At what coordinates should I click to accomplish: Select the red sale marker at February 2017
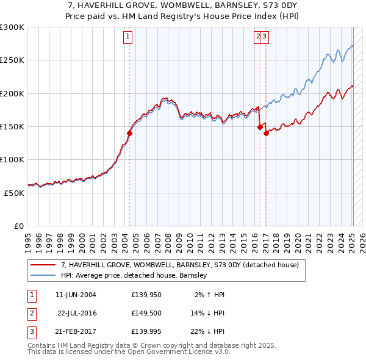[x=267, y=133]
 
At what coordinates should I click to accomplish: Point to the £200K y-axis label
[x=12, y=93]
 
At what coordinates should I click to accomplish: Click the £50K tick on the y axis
[x=14, y=193]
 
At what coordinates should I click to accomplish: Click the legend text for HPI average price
[x=134, y=276]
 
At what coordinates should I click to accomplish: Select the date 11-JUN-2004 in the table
[x=76, y=295]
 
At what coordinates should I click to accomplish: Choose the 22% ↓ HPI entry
[x=207, y=331]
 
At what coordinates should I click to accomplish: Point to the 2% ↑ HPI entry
[x=210, y=295]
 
